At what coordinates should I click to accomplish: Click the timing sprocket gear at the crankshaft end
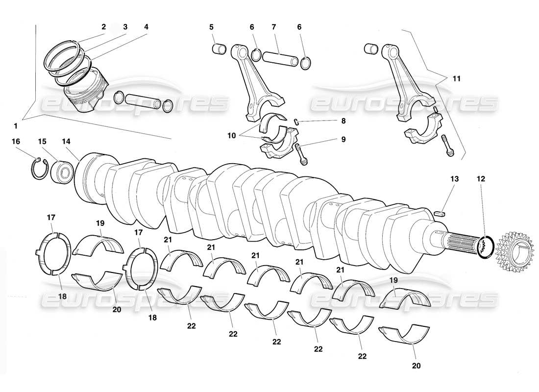pyautogui.click(x=514, y=250)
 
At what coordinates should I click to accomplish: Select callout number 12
pyautogui.click(x=481, y=179)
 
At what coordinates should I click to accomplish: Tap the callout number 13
pyautogui.click(x=455, y=179)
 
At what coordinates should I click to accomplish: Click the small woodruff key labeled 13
pyautogui.click(x=441, y=213)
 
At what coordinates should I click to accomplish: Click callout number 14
pyautogui.click(x=66, y=141)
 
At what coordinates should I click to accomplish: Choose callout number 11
pyautogui.click(x=456, y=78)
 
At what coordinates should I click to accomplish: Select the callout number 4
pyautogui.click(x=146, y=27)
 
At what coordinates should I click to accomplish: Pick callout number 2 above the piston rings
pyautogui.click(x=103, y=27)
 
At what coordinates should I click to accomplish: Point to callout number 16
pyautogui.click(x=16, y=141)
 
